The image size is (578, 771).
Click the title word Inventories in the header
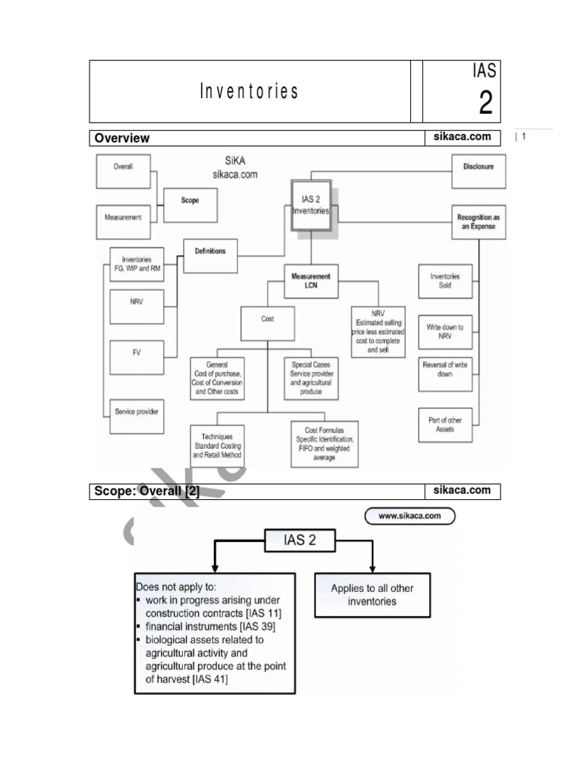point(249,93)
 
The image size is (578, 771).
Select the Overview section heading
point(122,139)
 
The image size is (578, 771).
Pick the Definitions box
point(210,251)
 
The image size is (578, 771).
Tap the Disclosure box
point(478,167)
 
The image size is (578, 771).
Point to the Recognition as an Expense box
point(478,222)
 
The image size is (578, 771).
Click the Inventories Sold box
point(445,281)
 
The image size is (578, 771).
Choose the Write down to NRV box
point(445,332)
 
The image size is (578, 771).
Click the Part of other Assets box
point(445,425)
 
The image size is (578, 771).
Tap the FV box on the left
point(136,353)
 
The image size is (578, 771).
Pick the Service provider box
point(136,412)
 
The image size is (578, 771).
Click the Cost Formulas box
point(324,443)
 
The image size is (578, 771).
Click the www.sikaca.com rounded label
point(409,517)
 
